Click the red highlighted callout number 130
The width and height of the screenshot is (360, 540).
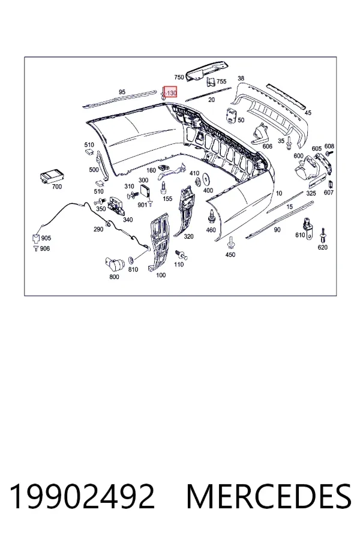(171, 93)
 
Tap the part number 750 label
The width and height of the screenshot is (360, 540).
(179, 77)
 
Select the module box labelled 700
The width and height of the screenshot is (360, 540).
(51, 177)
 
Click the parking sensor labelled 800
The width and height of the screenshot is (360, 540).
(115, 265)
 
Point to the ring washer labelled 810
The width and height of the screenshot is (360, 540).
(131, 259)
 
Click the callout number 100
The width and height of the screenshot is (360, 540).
(161, 275)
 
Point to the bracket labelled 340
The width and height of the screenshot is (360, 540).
(116, 206)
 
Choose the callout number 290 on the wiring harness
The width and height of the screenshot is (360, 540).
(98, 229)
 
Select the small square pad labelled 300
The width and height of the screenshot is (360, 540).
(145, 190)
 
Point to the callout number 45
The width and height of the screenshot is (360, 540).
(308, 112)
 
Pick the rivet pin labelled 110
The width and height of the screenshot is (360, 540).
(181, 254)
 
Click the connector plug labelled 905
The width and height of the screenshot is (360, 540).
(36, 238)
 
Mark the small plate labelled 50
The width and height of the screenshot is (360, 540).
(231, 115)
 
